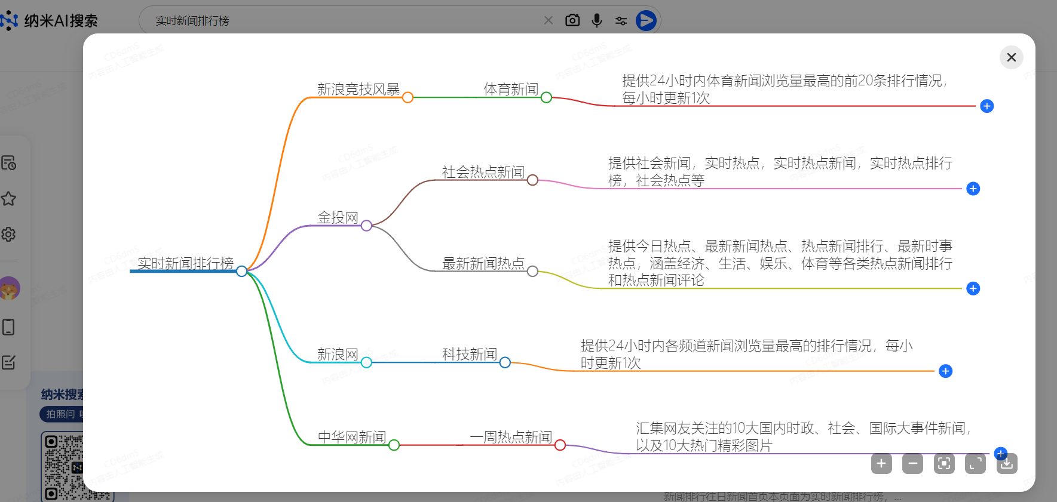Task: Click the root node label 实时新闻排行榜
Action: tap(185, 263)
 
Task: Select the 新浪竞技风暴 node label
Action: tap(358, 90)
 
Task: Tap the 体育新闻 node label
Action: tap(511, 90)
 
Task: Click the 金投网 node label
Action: tap(338, 218)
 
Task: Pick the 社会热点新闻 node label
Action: tap(483, 173)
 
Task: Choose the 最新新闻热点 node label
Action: tap(483, 263)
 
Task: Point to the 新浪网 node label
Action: tap(338, 355)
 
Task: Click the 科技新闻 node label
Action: tap(469, 355)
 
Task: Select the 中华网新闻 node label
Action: tap(351, 437)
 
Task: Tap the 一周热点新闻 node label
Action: tap(511, 437)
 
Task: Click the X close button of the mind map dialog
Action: tap(1011, 57)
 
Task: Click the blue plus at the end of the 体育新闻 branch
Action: tap(986, 106)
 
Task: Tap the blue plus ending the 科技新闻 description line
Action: tap(945, 371)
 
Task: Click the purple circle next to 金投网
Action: tap(366, 226)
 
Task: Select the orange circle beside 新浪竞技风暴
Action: tap(408, 97)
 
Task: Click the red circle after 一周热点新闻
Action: tap(560, 445)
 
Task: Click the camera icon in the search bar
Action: tap(572, 20)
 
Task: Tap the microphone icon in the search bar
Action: tap(596, 20)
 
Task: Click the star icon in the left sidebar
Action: tap(8, 199)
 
